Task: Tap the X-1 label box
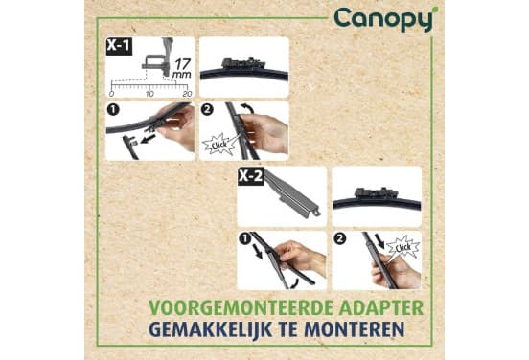click(x=119, y=46)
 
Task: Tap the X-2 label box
click(x=251, y=176)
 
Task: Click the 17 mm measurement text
click(x=182, y=68)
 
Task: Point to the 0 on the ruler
click(x=112, y=94)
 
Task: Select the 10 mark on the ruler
click(x=149, y=94)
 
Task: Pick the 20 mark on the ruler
click(x=187, y=94)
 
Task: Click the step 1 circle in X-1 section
click(x=113, y=110)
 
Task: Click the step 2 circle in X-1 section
click(x=207, y=110)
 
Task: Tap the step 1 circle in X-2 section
click(x=244, y=238)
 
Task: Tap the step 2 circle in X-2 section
click(x=339, y=238)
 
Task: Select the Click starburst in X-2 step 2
click(x=403, y=248)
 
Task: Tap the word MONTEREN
click(x=355, y=329)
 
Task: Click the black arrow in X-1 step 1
click(x=149, y=138)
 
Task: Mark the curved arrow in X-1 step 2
click(x=248, y=109)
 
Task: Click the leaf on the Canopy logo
click(x=435, y=10)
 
